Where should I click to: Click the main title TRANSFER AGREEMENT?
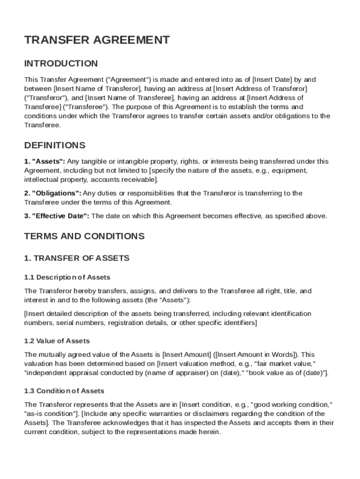tap(97, 40)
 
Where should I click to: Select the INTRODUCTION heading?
tap(61, 63)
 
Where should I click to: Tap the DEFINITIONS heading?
tap(55, 145)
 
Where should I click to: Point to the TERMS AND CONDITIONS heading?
tap(84, 236)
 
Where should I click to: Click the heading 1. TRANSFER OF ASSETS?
tap(77, 258)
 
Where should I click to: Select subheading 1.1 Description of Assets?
tap(67, 277)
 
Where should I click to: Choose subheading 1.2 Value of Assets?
tap(57, 341)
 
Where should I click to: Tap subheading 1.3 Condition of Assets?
tap(64, 391)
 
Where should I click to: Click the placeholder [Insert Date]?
tap(272, 80)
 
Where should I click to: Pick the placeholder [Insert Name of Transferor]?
tap(97, 88)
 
